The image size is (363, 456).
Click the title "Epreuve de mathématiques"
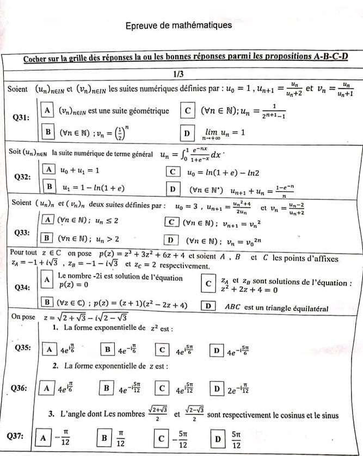coord(179,26)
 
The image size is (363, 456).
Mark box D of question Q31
coord(187,132)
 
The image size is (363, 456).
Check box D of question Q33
coord(173,239)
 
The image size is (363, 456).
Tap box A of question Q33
coord(48,220)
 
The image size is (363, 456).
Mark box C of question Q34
coord(207,283)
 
